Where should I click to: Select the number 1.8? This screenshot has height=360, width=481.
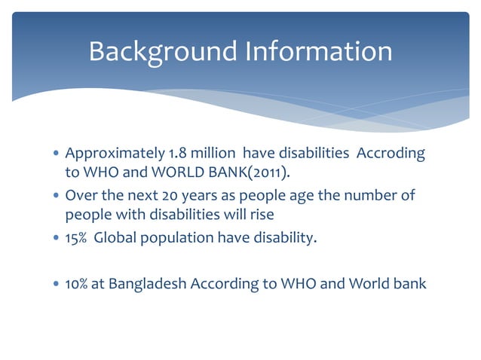(179, 154)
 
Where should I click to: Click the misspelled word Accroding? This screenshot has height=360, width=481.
(390, 154)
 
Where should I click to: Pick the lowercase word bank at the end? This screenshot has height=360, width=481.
(410, 284)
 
